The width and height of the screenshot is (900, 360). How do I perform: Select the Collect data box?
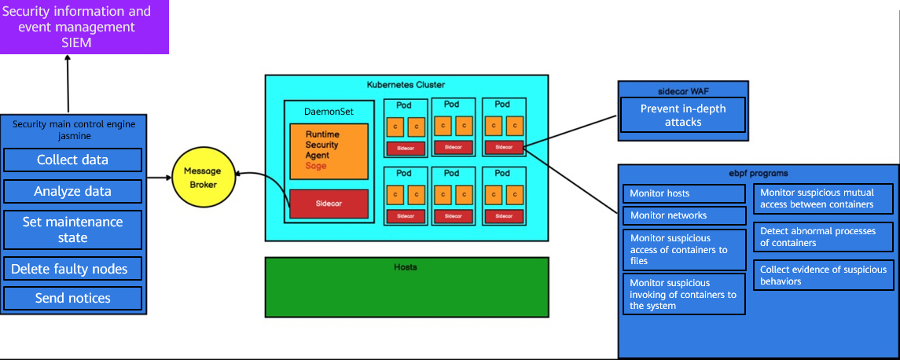(x=72, y=160)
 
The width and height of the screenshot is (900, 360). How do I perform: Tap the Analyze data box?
(x=72, y=191)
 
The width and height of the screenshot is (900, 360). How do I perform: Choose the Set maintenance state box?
(x=72, y=230)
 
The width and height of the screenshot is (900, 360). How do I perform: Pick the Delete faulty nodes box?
(x=72, y=269)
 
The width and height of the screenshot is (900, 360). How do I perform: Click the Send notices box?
(x=72, y=298)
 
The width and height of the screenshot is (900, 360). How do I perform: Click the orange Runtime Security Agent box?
(x=329, y=151)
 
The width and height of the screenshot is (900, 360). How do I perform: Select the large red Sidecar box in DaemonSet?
(x=329, y=203)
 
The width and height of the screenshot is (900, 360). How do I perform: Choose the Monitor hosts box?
(x=685, y=193)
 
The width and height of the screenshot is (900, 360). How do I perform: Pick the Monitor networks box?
(x=685, y=215)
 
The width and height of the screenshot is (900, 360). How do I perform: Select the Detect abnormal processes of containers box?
(x=823, y=237)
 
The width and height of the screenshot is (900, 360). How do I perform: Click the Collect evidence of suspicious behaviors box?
(x=823, y=275)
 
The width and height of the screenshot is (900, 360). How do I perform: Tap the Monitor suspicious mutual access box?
(x=823, y=198)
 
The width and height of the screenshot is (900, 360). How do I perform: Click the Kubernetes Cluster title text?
(x=406, y=84)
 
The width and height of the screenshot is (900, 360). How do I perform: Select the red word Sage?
(x=316, y=166)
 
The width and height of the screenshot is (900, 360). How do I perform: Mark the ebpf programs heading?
(x=758, y=173)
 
